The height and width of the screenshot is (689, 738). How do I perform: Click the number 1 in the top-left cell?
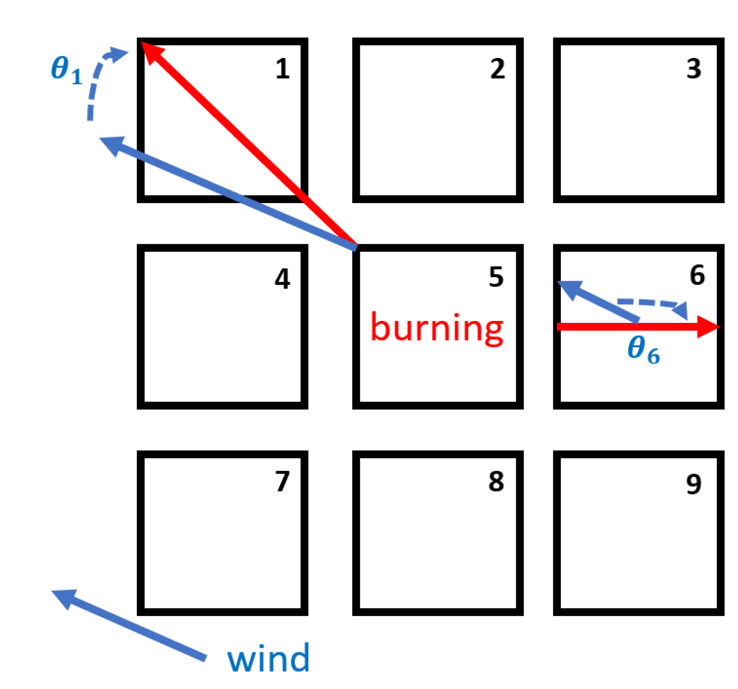(282, 69)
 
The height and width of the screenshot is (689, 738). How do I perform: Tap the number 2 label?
(498, 69)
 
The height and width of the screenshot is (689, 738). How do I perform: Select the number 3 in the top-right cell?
(694, 69)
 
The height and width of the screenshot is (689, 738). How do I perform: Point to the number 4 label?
(282, 279)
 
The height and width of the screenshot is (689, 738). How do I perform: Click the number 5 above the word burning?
(496, 277)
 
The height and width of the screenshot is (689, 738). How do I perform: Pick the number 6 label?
(697, 275)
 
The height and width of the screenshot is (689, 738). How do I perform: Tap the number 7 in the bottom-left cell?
(282, 482)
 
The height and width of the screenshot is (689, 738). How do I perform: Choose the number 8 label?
(496, 482)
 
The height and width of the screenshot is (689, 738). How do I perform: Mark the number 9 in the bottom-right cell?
(694, 484)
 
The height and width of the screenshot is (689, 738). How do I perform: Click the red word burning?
(437, 328)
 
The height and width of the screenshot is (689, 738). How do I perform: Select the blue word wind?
(268, 658)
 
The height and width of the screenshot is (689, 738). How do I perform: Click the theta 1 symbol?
(66, 69)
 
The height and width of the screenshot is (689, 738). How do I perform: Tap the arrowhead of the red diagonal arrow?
(150, 51)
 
